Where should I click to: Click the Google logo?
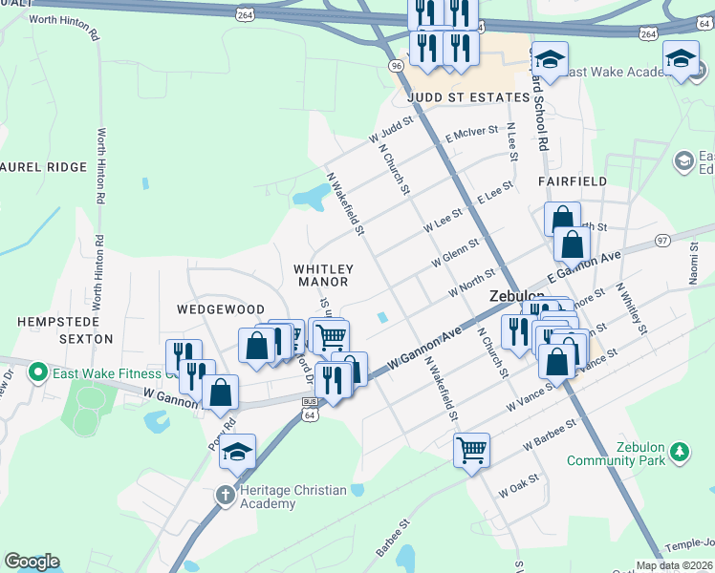32,562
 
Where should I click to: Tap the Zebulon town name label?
517,296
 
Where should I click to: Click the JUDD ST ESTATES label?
466,98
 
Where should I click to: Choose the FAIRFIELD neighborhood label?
573,180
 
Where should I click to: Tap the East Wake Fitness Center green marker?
38,371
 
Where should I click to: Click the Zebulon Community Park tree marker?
679,449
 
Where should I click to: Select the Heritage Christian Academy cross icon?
226,495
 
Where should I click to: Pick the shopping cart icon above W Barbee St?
471,449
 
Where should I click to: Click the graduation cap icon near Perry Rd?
237,452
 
